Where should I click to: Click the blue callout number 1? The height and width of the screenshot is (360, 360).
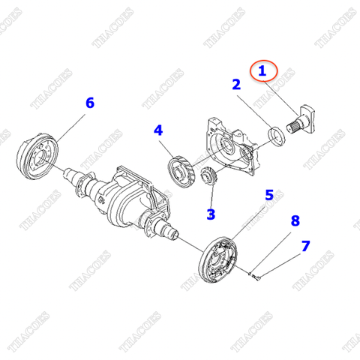262,72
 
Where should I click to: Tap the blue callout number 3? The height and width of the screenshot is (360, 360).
211,214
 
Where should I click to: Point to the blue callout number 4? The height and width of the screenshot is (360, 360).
158,130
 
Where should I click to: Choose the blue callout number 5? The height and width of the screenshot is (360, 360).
268,196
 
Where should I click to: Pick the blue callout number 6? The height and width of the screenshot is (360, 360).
89,103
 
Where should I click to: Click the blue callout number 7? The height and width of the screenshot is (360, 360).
305,246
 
